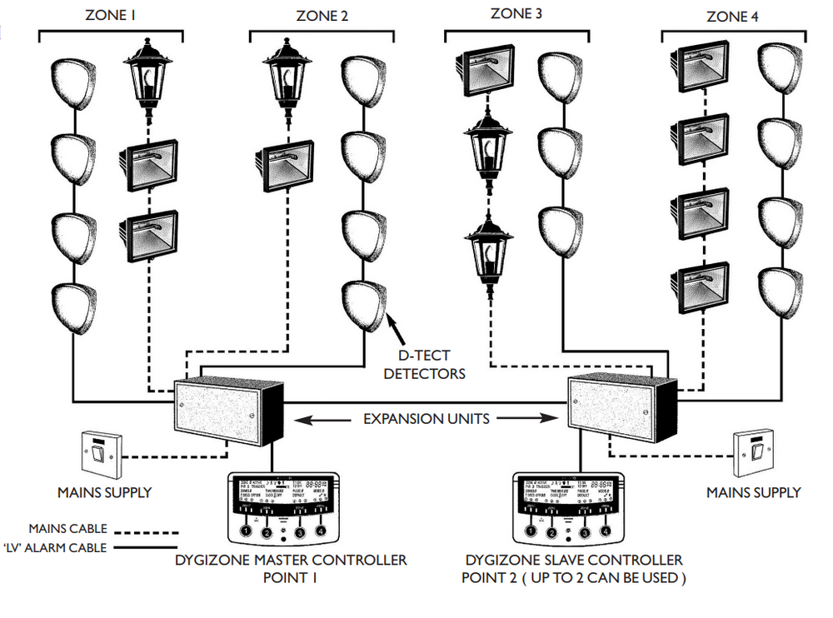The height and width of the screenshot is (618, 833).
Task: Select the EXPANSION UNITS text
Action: [x=426, y=419]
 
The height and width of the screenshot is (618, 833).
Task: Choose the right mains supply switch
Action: [x=753, y=455]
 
